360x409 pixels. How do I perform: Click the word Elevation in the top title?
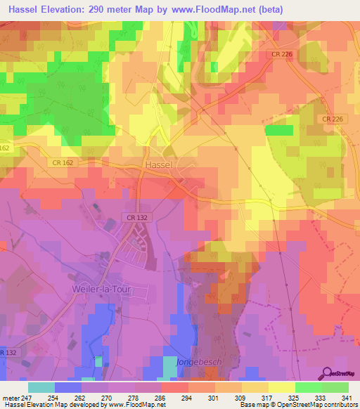pos(70,9)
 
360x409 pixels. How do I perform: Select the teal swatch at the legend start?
pos(41,387)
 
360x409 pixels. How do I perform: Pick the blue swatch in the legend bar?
pos(67,387)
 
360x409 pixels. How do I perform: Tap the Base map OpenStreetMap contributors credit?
pos(298,405)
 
